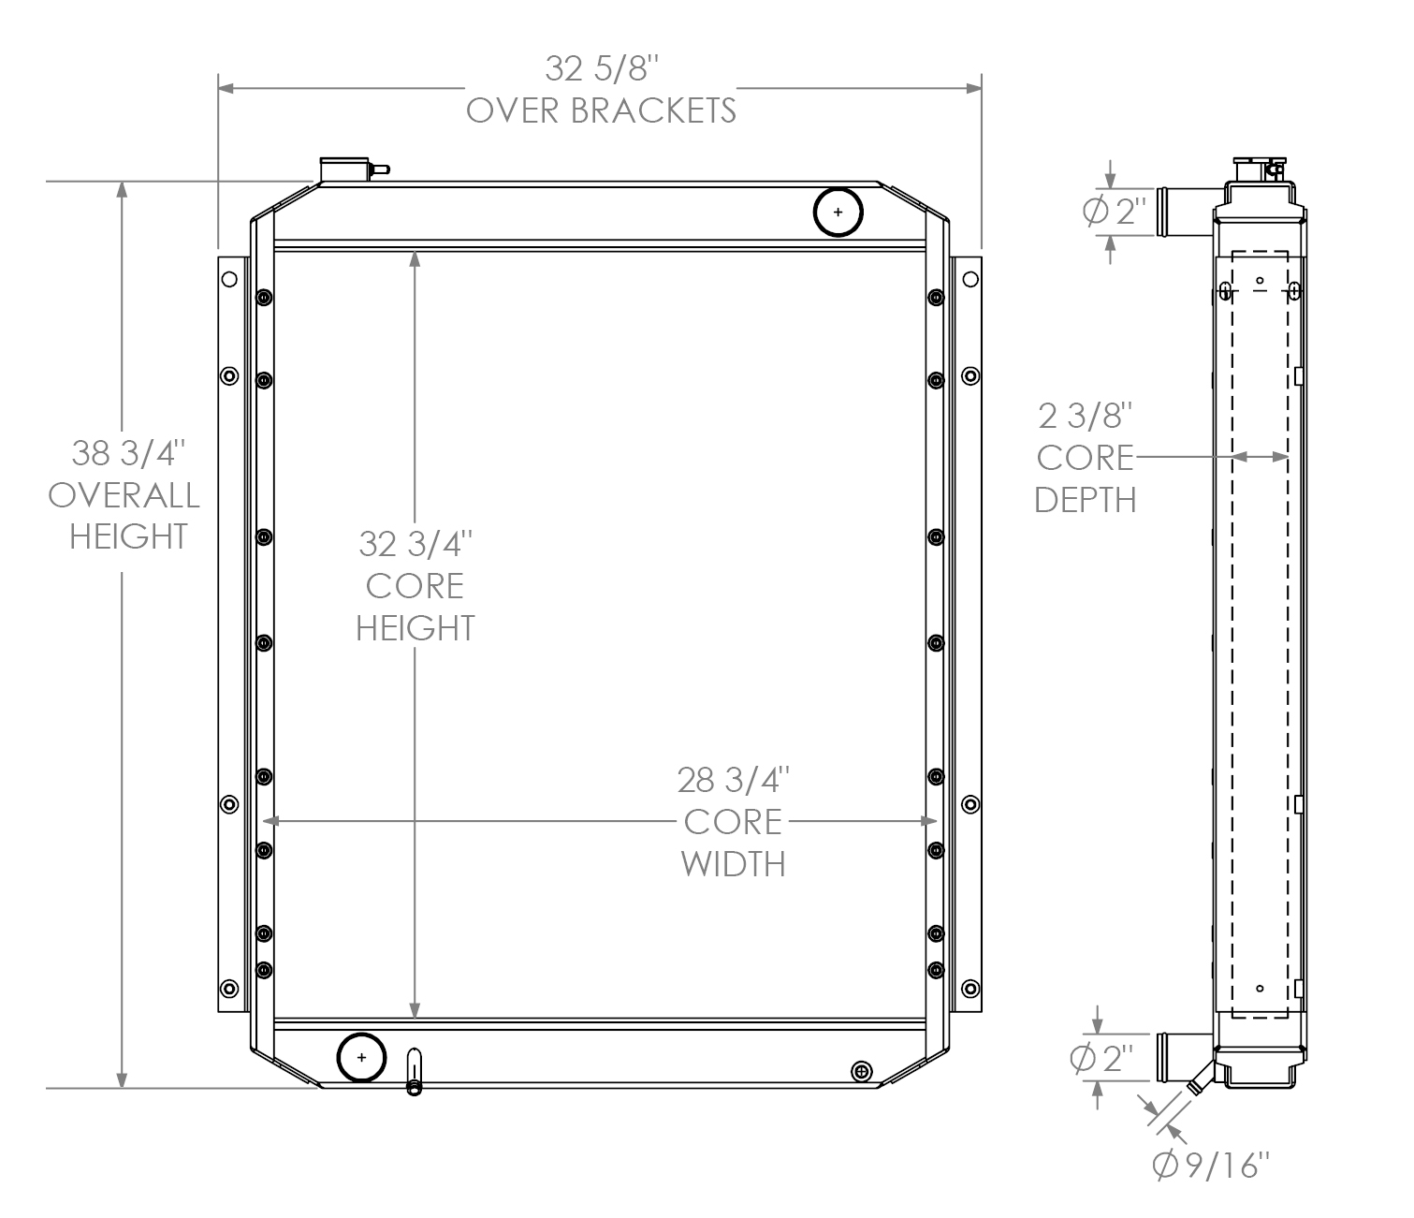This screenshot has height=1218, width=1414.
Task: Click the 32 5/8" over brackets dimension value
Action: click(602, 69)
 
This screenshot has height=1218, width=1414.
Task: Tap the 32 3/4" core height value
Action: click(415, 544)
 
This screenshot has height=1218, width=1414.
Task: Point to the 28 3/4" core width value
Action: click(733, 779)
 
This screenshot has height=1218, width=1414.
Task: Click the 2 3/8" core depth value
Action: click(1086, 415)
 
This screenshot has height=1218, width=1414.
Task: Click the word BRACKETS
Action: click(652, 110)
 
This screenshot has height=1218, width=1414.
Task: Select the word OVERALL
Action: click(124, 495)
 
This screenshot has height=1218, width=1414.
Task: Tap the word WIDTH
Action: click(733, 863)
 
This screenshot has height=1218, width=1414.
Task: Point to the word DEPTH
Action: click(1086, 500)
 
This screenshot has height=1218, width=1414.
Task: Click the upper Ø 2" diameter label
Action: click(1114, 213)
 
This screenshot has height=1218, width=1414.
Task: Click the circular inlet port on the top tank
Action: click(838, 213)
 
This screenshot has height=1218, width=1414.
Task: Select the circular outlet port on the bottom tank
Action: click(361, 1058)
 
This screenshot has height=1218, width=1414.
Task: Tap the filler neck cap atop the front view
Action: click(343, 169)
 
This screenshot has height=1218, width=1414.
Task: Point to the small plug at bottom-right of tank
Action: click(862, 1070)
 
